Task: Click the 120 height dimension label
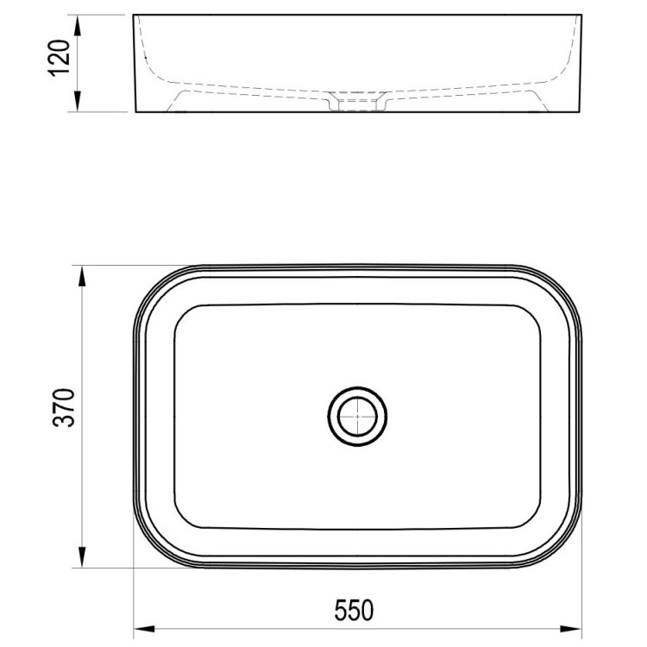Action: [59, 58]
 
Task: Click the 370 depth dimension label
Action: [65, 407]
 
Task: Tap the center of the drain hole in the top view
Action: [357, 417]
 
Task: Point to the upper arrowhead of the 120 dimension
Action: [77, 25]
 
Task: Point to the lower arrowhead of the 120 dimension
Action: [77, 102]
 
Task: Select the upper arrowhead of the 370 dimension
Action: [82, 276]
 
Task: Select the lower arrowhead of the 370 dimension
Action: [82, 557]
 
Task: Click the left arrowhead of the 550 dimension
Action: [144, 629]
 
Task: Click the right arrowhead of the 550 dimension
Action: [570, 629]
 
